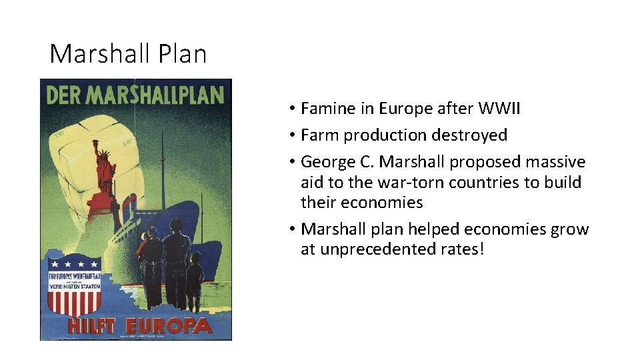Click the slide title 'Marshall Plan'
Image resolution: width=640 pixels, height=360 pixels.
tap(128, 54)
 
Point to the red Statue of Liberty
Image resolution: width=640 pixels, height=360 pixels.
tap(105, 170)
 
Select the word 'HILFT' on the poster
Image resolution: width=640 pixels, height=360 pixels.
tap(91, 326)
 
